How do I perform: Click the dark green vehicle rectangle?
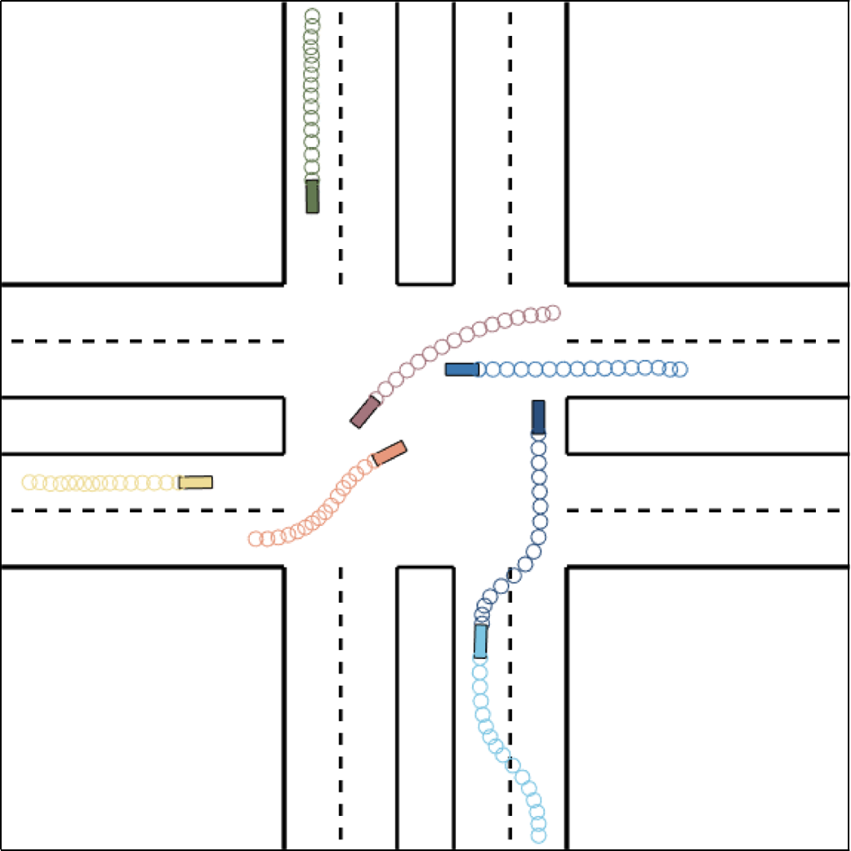click(x=312, y=197)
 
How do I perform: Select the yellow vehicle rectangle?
click(x=196, y=482)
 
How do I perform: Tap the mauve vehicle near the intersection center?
click(x=365, y=412)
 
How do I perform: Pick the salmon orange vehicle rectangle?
click(x=389, y=453)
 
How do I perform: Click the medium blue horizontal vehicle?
click(x=461, y=370)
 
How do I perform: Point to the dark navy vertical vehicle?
click(x=538, y=417)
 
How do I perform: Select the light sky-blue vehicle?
click(x=481, y=641)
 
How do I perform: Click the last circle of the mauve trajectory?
click(x=553, y=312)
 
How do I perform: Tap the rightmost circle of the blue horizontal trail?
click(x=680, y=370)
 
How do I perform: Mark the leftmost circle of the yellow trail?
click(x=29, y=482)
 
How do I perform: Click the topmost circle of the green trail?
click(x=312, y=16)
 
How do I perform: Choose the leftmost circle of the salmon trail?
click(x=256, y=538)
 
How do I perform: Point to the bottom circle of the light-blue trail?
click(x=538, y=835)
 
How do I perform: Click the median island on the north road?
click(x=425, y=143)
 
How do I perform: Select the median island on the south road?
click(x=425, y=706)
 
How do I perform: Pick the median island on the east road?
click(x=706, y=425)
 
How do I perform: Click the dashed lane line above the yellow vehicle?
click(x=147, y=341)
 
